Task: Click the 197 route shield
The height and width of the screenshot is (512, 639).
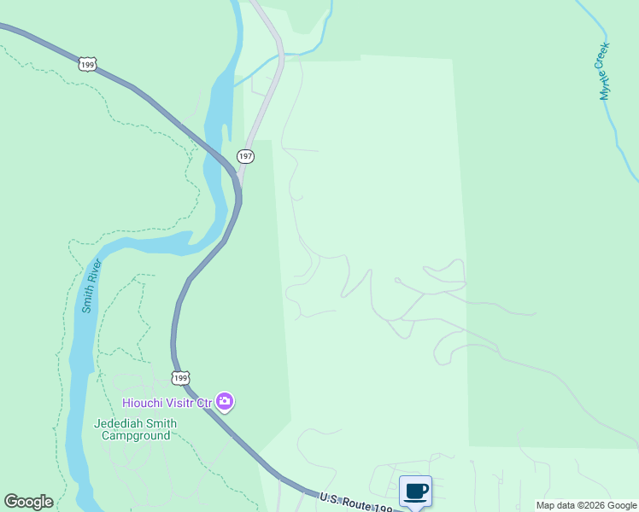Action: (245, 156)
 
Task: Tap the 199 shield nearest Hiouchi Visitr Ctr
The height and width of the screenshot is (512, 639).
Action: (179, 377)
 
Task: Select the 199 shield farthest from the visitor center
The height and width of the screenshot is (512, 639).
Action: (86, 64)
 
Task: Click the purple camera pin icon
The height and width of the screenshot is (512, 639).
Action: (225, 401)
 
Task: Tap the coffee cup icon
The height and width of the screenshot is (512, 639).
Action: (415, 492)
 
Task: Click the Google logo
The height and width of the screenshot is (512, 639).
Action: (28, 502)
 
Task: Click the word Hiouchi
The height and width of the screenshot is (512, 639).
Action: (144, 402)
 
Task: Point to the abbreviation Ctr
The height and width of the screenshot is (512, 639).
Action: (205, 402)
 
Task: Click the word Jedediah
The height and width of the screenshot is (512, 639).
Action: (121, 423)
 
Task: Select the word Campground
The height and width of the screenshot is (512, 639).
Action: (136, 435)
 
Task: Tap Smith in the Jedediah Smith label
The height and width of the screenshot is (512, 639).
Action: (162, 423)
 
